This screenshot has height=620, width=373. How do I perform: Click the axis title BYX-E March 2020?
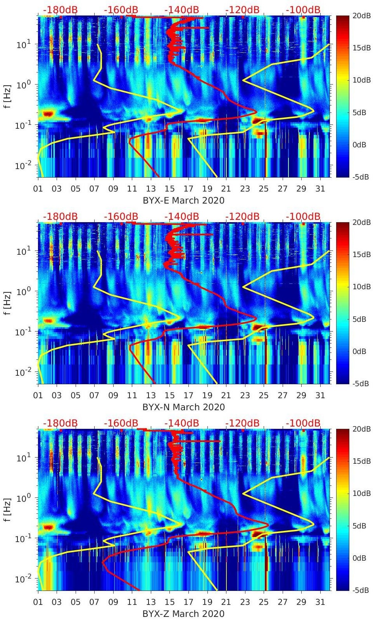[183, 200]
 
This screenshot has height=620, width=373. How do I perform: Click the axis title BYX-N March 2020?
[183, 407]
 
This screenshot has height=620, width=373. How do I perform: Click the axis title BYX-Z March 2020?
[183, 614]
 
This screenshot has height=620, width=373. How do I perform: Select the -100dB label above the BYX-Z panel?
[303, 423]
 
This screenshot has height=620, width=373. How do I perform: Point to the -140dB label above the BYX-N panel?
[181, 216]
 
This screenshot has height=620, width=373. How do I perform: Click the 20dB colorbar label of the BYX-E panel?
[359, 16]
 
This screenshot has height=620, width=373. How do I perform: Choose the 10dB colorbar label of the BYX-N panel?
[359, 287]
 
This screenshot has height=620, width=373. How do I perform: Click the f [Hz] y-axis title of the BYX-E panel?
[8, 96]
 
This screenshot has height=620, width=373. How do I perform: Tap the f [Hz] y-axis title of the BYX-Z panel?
[8, 509]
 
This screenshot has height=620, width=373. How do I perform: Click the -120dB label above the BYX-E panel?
[242, 10]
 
